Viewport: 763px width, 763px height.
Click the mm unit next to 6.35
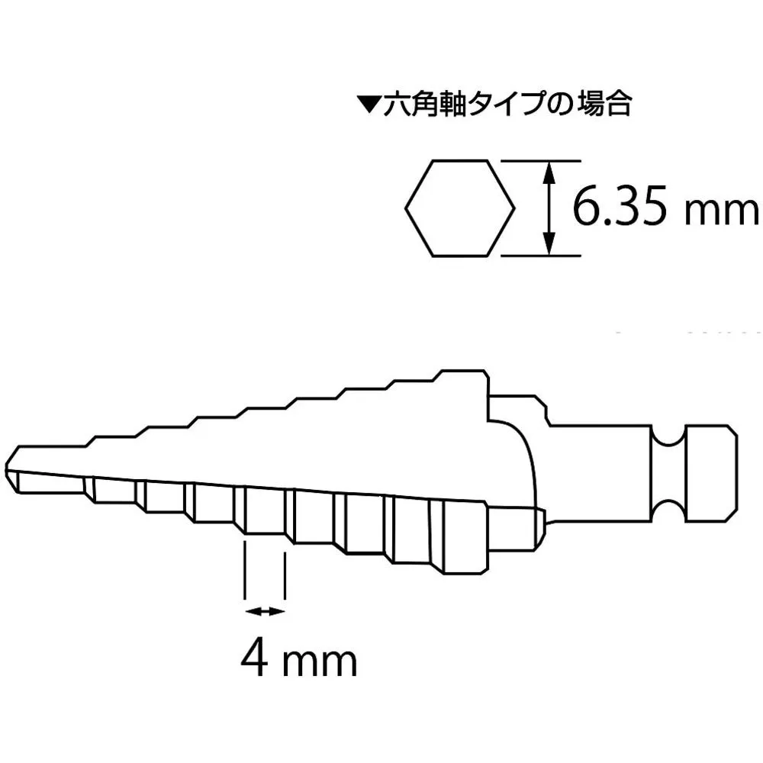[x=721, y=214]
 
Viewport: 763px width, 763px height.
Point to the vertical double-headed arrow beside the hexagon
[x=549, y=208]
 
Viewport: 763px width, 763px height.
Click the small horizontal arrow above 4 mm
[x=264, y=612]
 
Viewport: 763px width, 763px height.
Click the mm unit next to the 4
[x=320, y=663]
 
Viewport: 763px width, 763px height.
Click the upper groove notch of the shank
[x=669, y=436]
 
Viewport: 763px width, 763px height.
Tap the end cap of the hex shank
[x=711, y=473]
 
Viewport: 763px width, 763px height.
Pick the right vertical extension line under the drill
[x=285, y=575]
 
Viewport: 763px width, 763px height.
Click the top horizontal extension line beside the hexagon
[x=541, y=160]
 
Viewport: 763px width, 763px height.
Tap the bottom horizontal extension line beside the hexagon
[x=541, y=256]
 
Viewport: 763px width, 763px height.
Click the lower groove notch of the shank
[x=669, y=511]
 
